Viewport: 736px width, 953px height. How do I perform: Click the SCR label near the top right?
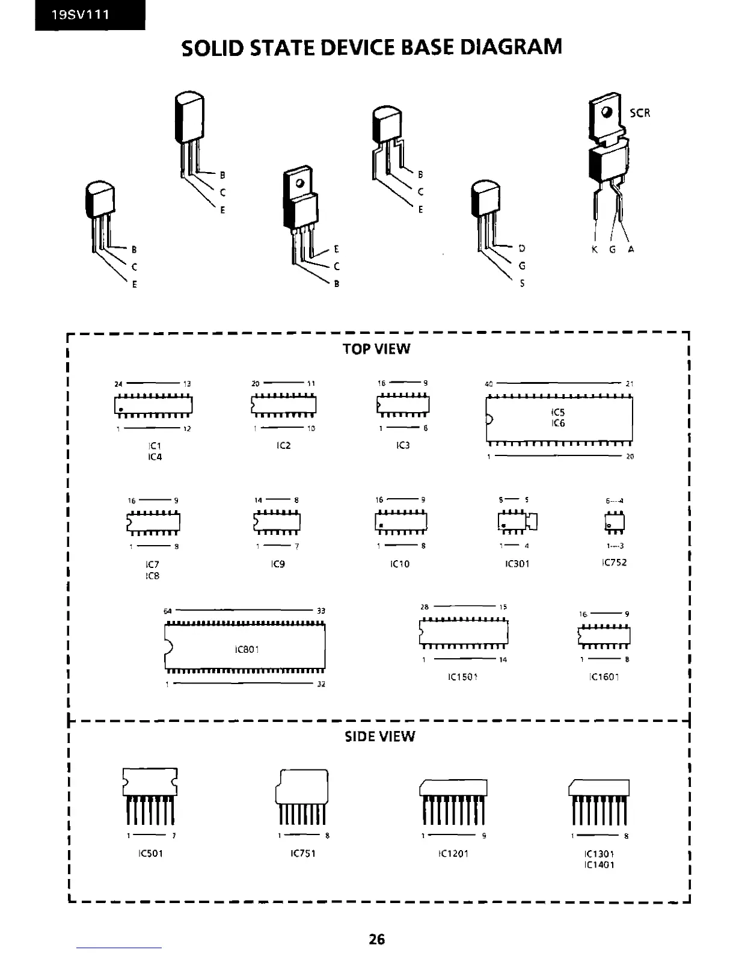640,113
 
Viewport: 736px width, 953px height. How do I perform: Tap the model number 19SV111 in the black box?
81,15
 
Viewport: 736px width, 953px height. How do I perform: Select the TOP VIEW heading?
376,349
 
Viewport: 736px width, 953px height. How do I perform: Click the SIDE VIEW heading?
379,736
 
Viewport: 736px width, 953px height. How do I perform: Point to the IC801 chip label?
247,650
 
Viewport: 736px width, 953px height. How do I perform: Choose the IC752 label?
614,563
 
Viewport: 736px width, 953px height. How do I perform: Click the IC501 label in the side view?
150,853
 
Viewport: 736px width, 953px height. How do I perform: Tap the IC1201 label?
453,853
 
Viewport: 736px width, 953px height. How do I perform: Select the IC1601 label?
604,677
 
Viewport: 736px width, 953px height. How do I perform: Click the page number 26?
377,939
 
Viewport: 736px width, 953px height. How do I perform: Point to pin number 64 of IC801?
168,611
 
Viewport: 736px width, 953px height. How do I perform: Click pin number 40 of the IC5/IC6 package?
489,384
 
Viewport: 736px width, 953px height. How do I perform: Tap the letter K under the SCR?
594,249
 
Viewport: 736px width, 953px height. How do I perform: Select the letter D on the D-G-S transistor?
522,248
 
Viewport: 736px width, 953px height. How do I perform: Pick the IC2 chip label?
283,446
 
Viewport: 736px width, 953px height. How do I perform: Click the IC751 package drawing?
302,794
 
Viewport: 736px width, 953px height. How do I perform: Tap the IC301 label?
518,564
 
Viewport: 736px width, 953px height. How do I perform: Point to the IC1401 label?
599,865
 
